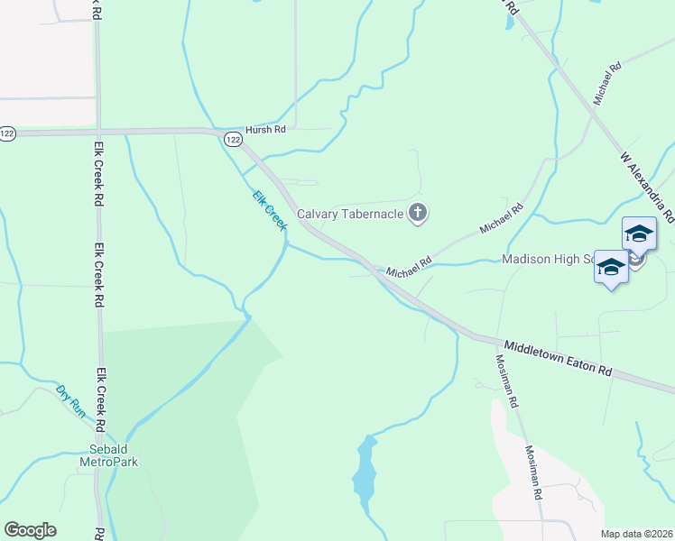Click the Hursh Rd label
(265, 130)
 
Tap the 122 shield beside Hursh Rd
(233, 139)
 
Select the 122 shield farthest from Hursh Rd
(7, 133)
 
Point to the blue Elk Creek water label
(268, 208)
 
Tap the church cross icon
(417, 214)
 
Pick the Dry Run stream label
(70, 400)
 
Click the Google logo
(30, 530)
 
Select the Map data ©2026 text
(634, 534)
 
